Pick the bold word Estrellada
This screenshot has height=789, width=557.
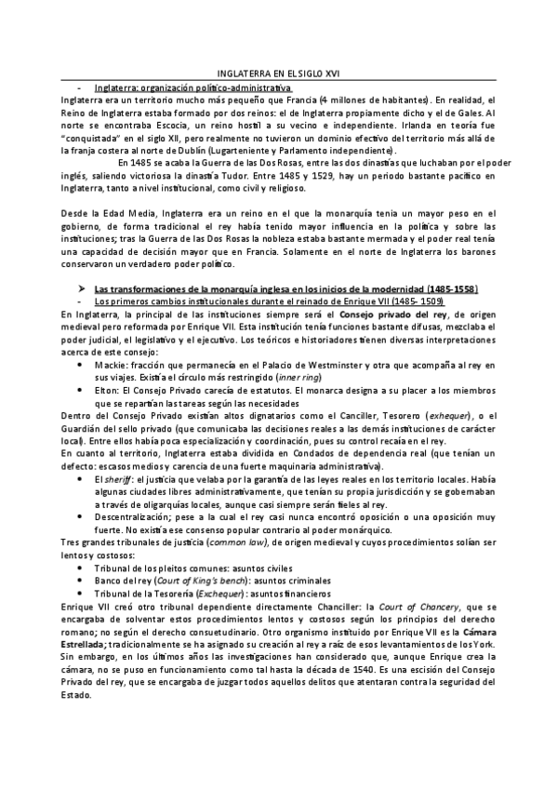[x=87, y=645]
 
